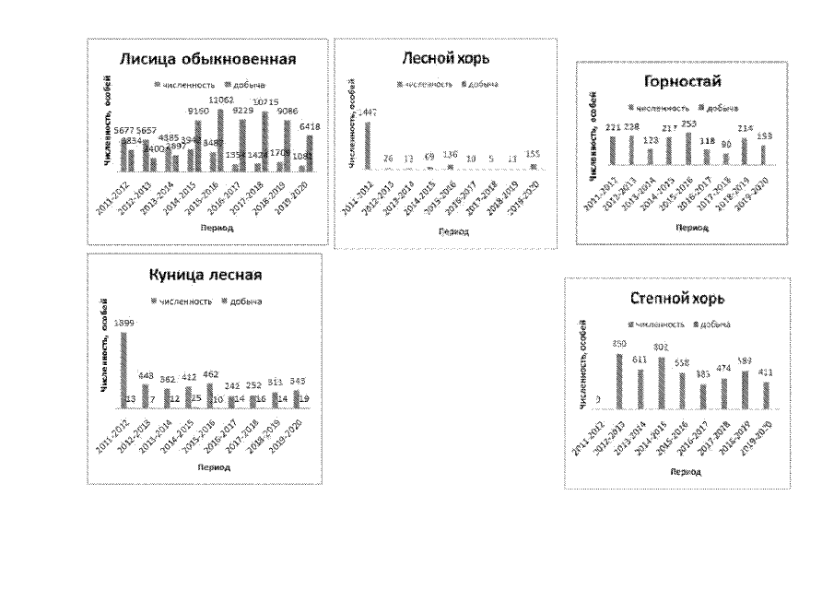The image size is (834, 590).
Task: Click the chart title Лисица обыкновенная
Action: (x=207, y=61)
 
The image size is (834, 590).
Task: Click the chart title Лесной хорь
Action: (x=446, y=59)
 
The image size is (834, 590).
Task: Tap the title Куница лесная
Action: (x=206, y=275)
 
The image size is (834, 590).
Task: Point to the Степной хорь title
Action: (x=677, y=299)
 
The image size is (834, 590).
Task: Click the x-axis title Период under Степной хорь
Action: (x=680, y=471)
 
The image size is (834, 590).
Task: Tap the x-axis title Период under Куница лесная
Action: (x=207, y=467)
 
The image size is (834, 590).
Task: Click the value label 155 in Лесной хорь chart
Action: (x=531, y=155)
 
